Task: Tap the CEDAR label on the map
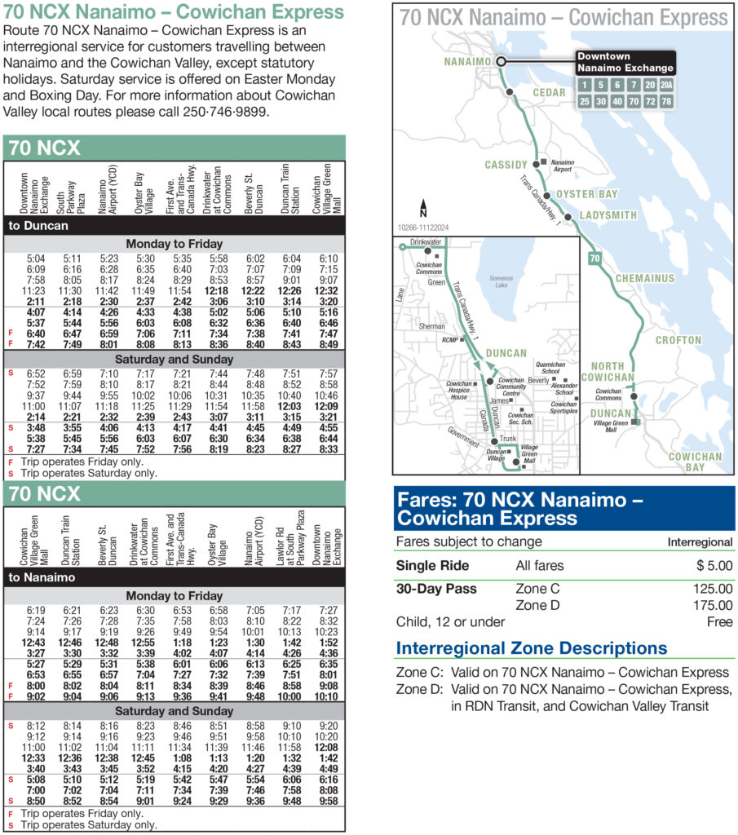coord(549,93)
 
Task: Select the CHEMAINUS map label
coord(645,278)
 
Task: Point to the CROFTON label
coord(678,340)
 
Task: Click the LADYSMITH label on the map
coord(608,215)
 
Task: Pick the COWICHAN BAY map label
coord(695,462)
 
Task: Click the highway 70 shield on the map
coord(594,258)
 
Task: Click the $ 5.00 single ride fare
coord(714,565)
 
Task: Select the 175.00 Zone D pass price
coord(712,606)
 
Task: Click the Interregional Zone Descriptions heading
coord(531,648)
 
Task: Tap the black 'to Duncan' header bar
coord(175,225)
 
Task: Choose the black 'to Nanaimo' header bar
coord(175,577)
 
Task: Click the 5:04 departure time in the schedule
coord(36,258)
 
